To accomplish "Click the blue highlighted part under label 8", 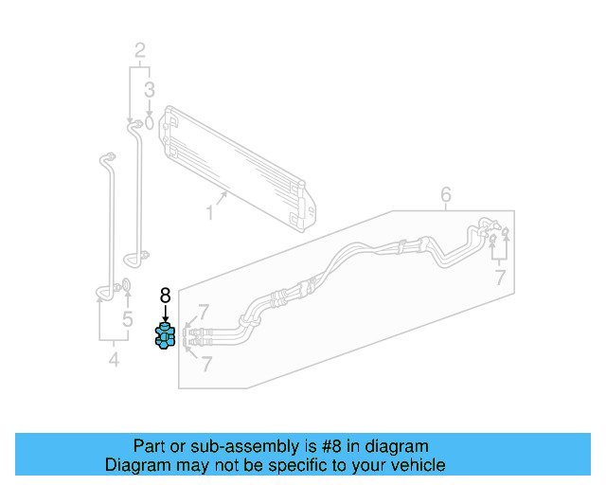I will (166, 336).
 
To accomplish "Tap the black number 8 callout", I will (165, 296).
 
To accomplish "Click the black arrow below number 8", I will (165, 314).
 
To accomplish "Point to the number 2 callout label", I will (139, 50).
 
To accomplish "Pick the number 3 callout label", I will (150, 91).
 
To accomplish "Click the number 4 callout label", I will (114, 360).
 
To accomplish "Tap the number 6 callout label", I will (446, 195).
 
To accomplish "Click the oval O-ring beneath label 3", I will (150, 121).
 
